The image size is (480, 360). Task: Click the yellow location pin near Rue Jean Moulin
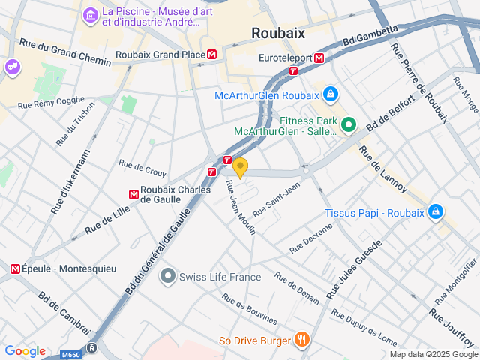(x=240, y=167)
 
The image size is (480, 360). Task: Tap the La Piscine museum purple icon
(x=91, y=14)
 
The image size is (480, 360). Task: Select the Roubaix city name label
(x=277, y=32)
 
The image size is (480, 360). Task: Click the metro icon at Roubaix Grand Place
(x=213, y=55)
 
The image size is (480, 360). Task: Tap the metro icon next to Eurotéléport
(x=319, y=57)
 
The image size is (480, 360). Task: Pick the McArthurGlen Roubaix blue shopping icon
(x=329, y=94)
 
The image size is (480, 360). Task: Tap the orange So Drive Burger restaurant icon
(x=301, y=340)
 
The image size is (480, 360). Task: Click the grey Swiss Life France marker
(x=167, y=277)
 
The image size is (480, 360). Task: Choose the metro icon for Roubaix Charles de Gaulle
(x=133, y=194)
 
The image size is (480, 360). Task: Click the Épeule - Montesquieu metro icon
(x=15, y=268)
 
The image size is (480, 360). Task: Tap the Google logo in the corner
(x=25, y=351)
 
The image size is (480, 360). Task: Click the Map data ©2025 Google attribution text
(x=433, y=354)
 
